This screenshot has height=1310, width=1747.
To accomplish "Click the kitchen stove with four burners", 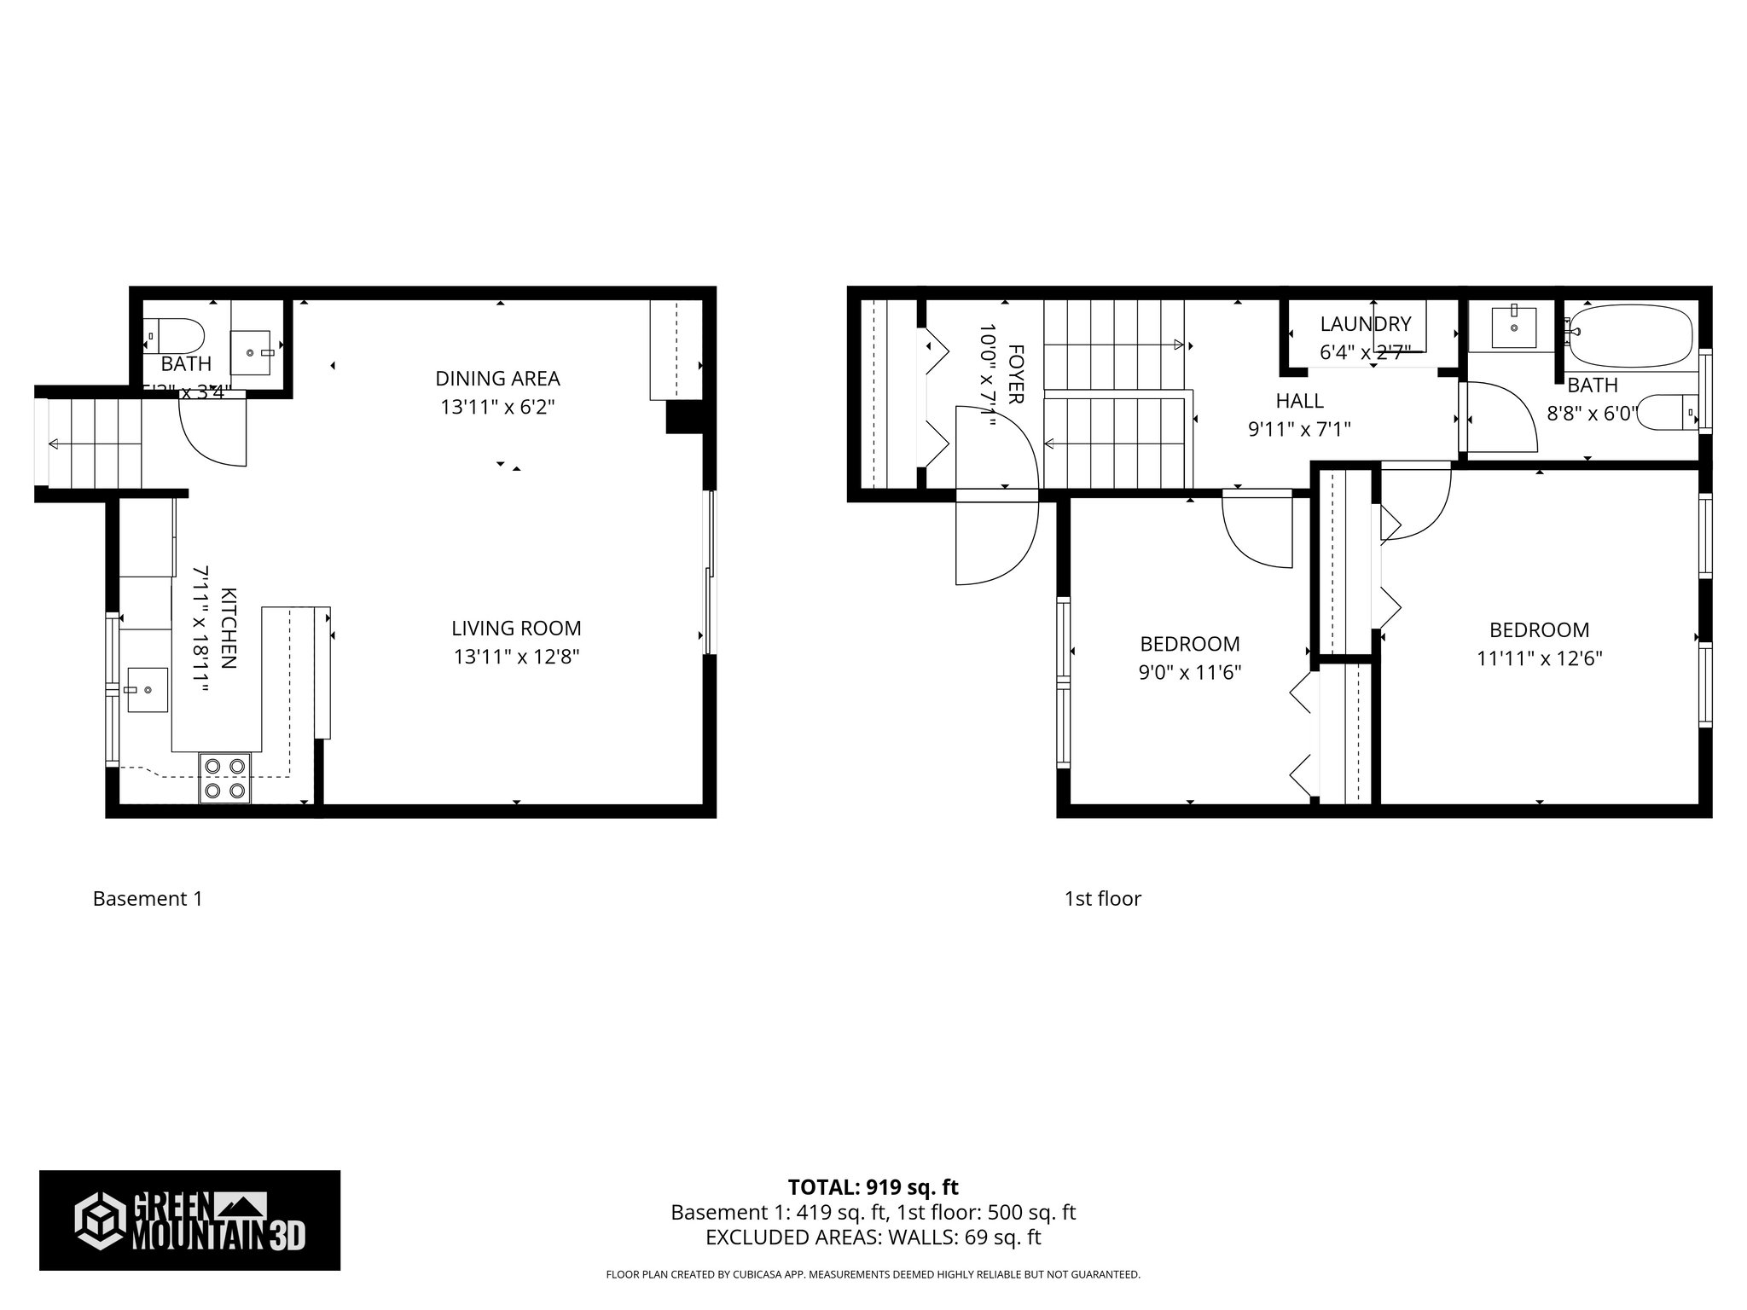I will pos(225,779).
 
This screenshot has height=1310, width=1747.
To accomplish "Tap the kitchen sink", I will pos(147,689).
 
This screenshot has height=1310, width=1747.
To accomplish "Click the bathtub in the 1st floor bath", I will pos(1629,335).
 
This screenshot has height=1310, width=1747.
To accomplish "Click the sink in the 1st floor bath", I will pos(1514,328).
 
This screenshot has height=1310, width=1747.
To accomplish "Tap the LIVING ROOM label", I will pos(516,629).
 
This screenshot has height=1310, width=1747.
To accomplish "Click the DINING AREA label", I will pos(497,378).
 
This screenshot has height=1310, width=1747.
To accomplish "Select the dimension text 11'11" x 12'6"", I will pos(1540,658).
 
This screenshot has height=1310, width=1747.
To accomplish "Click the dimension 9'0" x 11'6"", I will pos(1189,672).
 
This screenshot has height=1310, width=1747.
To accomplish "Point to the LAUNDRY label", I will pos(1366,324).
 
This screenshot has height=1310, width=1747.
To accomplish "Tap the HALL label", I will pos(1299,401).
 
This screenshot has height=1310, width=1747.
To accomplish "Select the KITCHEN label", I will pos(229,629).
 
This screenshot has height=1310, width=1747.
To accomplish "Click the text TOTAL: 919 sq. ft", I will pos(873,1187).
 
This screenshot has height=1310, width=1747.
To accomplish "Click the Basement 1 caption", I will pos(148,899).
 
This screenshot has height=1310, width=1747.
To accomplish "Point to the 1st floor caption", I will pos(1102,899).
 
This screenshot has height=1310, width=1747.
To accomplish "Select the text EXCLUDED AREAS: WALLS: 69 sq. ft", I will pos(873,1238).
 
